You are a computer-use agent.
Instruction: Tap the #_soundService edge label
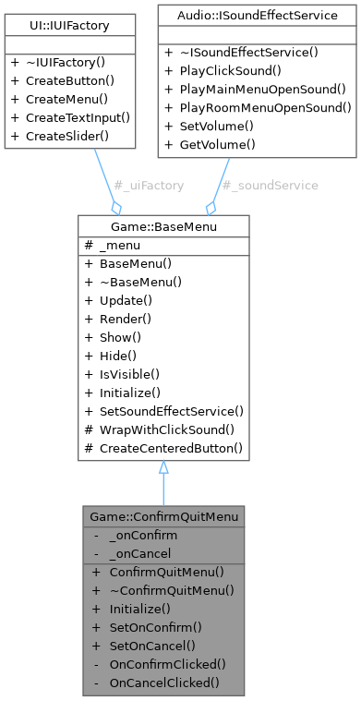[x=271, y=186]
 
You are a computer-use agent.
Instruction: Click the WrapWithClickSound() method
[x=167, y=429]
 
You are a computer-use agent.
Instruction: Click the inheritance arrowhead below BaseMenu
[x=162, y=468]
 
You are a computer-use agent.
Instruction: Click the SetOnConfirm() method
[x=150, y=626]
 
